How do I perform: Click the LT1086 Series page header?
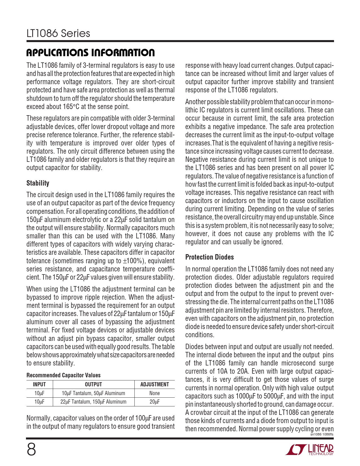(58, 34)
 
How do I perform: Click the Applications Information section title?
(90, 53)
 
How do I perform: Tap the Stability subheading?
(38, 183)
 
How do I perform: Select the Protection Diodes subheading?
(210, 257)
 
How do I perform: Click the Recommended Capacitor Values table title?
(64, 375)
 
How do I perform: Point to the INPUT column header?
(39, 384)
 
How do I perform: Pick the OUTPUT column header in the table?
(93, 384)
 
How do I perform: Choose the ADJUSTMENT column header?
(154, 384)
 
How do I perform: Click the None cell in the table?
(154, 393)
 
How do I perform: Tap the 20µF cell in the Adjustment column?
(154, 402)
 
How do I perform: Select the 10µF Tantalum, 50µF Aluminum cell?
(93, 393)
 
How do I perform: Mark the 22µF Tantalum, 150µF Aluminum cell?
(93, 402)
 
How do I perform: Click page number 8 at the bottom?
(31, 450)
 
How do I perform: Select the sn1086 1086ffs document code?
(322, 434)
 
